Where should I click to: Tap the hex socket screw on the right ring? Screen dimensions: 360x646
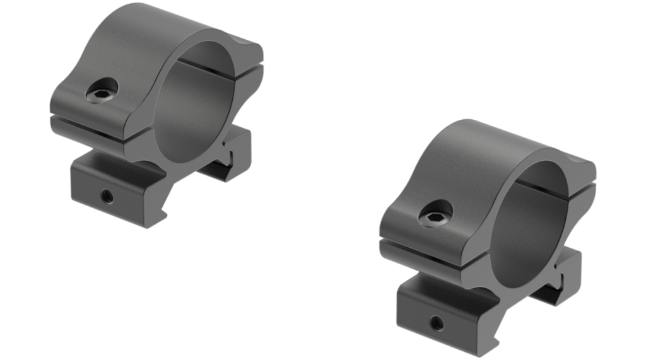[x=435, y=214]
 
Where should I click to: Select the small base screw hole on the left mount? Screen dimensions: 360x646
[x=108, y=197]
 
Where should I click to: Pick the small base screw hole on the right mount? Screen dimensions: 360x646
[x=435, y=322]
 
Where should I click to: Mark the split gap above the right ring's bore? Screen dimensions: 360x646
[x=561, y=187]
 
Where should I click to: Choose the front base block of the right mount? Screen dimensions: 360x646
[x=438, y=312]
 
